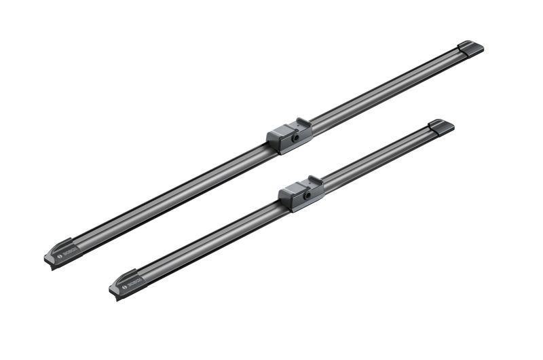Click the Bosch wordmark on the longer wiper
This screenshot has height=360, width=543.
point(71,251)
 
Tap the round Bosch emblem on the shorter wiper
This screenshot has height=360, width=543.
point(124,287)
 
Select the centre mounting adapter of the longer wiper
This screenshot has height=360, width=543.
point(289,135)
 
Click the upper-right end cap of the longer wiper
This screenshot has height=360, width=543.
point(470,48)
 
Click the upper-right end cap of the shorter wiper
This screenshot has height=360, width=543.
point(441,126)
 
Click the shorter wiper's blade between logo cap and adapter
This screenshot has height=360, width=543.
point(210,241)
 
